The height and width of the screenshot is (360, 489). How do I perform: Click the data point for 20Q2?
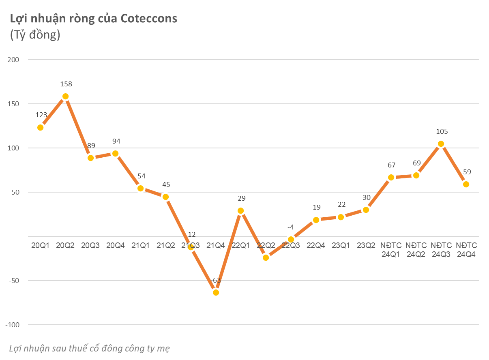coord(65,96)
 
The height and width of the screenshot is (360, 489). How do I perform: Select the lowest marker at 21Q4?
coord(216,292)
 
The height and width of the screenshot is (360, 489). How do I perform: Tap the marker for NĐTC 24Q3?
coord(441,144)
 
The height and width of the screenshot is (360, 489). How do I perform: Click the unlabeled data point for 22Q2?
coord(266,257)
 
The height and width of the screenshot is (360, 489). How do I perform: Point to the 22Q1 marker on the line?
coord(240,211)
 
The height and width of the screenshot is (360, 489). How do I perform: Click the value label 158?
coord(66,84)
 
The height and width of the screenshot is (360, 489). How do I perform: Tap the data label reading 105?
coord(442,132)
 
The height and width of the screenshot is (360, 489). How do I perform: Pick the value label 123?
coord(42,115)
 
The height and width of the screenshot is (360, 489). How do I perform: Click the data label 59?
coord(467,172)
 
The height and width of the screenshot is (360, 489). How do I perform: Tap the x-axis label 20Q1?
coord(40,246)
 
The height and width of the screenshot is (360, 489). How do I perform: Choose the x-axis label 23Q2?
coord(366,246)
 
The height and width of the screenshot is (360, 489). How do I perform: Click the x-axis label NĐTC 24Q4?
coord(466,250)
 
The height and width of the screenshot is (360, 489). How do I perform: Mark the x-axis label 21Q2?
coord(165,246)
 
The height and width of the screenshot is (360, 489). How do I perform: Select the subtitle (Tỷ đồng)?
coord(35,35)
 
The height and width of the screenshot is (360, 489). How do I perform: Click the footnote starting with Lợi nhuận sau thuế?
coord(89,348)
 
